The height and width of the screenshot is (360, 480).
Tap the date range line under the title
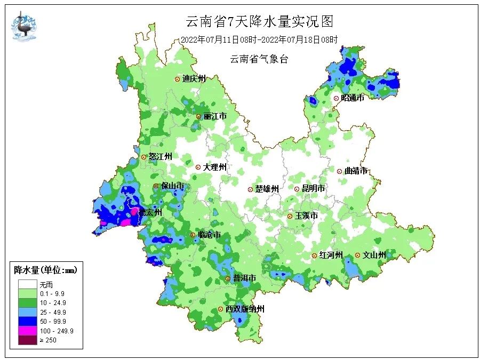coord(259,39)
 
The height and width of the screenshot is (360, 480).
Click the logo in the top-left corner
coord(25,25)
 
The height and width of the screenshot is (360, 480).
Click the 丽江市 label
coord(215,116)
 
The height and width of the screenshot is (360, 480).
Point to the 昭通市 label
coord(353,98)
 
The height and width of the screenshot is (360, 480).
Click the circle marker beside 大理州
coord(198,167)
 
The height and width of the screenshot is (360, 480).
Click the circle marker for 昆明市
coord(297,189)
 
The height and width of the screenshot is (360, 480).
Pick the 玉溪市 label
coord(306,216)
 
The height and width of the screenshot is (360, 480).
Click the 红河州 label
coord(331,255)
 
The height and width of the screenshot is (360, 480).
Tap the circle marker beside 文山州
coord(357,255)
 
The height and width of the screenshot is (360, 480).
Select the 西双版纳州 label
coord(244,309)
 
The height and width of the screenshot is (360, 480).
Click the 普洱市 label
coord(244,278)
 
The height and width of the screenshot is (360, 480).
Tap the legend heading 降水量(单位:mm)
coord(45,270)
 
